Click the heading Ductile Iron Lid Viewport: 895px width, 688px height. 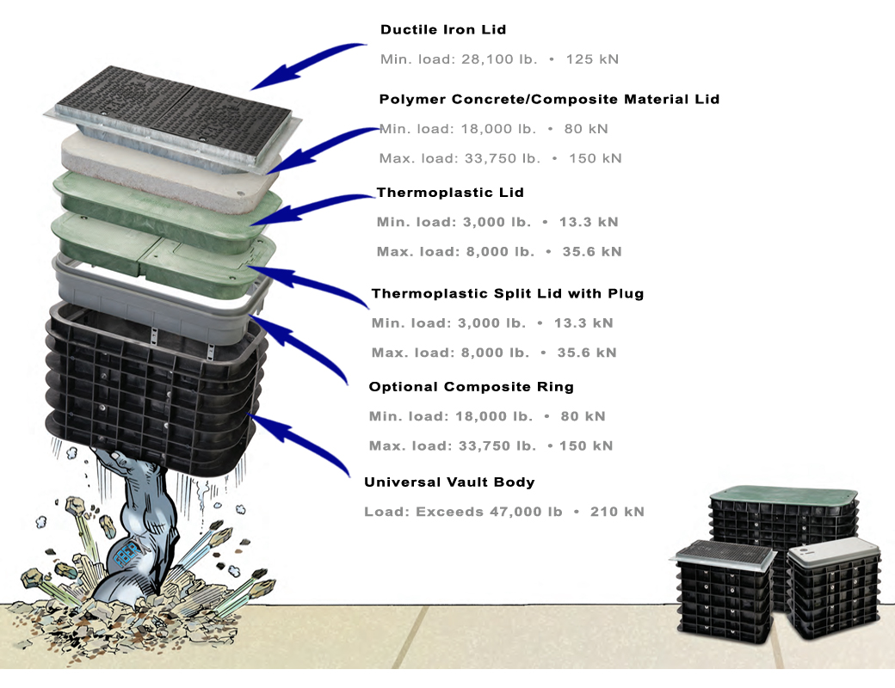click(x=442, y=30)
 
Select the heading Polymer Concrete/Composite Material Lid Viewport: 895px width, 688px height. click(x=549, y=100)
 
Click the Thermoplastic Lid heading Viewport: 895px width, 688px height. click(x=450, y=193)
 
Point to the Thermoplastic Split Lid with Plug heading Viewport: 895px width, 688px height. click(x=507, y=294)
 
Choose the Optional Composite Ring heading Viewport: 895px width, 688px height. click(x=471, y=387)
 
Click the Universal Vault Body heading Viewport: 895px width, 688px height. click(x=449, y=482)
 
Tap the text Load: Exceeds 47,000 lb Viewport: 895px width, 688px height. click(x=463, y=512)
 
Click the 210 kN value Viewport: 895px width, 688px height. click(x=616, y=512)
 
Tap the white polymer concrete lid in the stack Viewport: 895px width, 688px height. click(x=172, y=168)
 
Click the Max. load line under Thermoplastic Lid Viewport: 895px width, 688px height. click(x=498, y=252)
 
